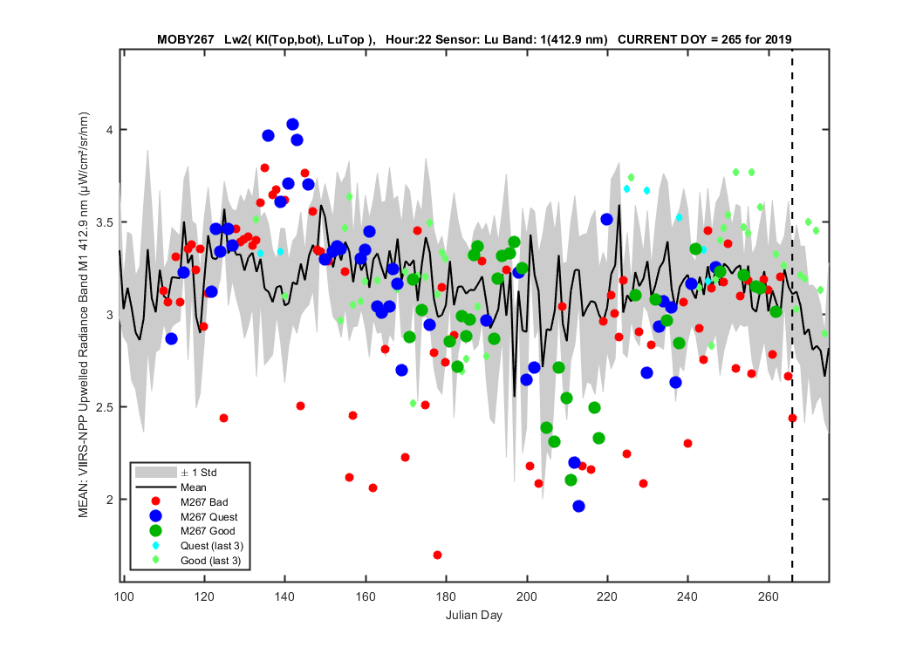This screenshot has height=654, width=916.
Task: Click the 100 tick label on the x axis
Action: click(x=124, y=596)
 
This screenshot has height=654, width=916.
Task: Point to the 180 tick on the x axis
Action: click(x=447, y=580)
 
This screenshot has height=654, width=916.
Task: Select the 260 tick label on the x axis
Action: click(x=769, y=596)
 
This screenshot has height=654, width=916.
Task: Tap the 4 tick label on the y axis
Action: click(x=109, y=130)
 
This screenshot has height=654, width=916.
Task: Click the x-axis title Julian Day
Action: click(x=474, y=615)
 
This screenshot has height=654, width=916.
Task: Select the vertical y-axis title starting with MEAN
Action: click(x=84, y=315)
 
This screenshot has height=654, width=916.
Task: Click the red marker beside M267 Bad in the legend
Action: click(x=155, y=501)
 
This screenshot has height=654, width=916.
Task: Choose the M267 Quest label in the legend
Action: click(x=209, y=517)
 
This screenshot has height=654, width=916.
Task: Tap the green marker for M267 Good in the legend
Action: click(x=155, y=531)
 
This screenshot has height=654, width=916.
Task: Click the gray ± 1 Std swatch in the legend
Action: click(x=155, y=473)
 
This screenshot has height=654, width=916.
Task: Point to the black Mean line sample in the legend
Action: click(x=155, y=487)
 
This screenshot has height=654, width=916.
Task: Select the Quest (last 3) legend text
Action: click(x=212, y=546)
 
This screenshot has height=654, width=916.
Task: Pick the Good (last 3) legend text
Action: click(x=211, y=561)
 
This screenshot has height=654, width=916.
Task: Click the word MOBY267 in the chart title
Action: click(x=185, y=40)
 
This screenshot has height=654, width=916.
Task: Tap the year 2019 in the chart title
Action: click(x=779, y=40)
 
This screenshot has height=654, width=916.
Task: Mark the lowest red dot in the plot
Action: click(x=438, y=555)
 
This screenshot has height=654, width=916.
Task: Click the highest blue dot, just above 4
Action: click(x=292, y=125)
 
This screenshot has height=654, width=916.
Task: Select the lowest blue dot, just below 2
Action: click(x=579, y=507)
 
